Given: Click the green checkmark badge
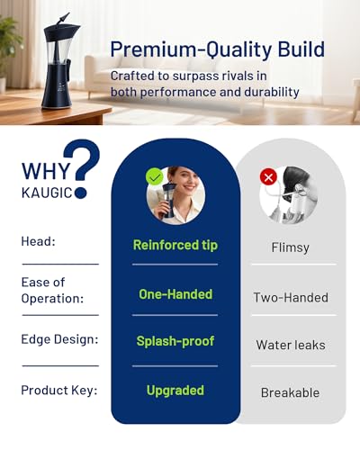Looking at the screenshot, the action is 154,177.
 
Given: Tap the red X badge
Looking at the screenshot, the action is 268,176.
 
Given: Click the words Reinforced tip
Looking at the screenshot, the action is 175,245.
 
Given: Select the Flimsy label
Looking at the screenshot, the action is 290,247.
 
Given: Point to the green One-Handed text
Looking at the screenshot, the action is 175,294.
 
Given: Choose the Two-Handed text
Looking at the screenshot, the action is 291,298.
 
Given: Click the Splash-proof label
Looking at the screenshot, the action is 175,341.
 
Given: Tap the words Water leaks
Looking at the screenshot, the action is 291,345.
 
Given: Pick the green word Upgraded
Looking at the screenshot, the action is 175,391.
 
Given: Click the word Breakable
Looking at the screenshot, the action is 291,392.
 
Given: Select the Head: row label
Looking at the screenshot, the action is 39,241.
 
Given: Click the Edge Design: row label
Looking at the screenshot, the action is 59,339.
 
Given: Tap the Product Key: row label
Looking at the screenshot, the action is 59,391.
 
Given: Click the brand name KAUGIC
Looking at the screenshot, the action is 47,193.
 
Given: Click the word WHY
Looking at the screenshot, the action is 46,171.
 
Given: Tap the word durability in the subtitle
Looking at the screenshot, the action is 272,92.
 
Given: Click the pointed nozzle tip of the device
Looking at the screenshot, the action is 68,13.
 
